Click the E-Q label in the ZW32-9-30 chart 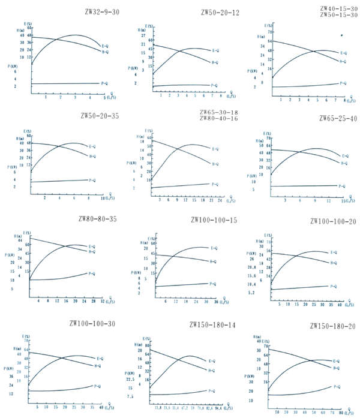click(105, 46)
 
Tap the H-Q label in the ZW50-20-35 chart click(93, 157)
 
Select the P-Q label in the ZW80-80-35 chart click(92, 273)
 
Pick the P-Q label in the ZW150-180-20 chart click(337, 386)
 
